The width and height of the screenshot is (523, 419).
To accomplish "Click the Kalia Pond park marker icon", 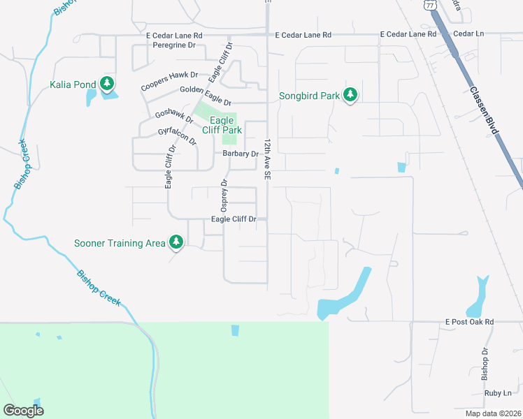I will (x=107, y=84).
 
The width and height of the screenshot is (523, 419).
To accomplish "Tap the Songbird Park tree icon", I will (x=350, y=95).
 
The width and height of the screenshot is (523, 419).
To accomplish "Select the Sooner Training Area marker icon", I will (x=177, y=242).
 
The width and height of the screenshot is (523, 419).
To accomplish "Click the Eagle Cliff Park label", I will (x=222, y=125).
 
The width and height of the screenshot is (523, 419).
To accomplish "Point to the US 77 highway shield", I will (x=429, y=4).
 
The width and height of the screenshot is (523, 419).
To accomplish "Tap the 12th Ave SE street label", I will (x=266, y=159).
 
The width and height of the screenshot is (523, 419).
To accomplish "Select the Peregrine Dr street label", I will (x=177, y=45).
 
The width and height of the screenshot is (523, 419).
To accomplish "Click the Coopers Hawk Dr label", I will (x=170, y=81).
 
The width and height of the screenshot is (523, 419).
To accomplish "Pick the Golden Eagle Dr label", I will (x=206, y=89).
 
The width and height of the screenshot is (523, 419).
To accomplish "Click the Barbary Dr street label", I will (x=241, y=154).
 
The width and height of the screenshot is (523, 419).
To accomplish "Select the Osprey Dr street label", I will (x=224, y=196).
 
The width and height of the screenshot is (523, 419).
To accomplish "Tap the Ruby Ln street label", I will (x=497, y=394).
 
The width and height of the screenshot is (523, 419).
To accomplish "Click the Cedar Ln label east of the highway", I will (x=468, y=34).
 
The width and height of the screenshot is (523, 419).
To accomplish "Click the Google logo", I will (x=24, y=410).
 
